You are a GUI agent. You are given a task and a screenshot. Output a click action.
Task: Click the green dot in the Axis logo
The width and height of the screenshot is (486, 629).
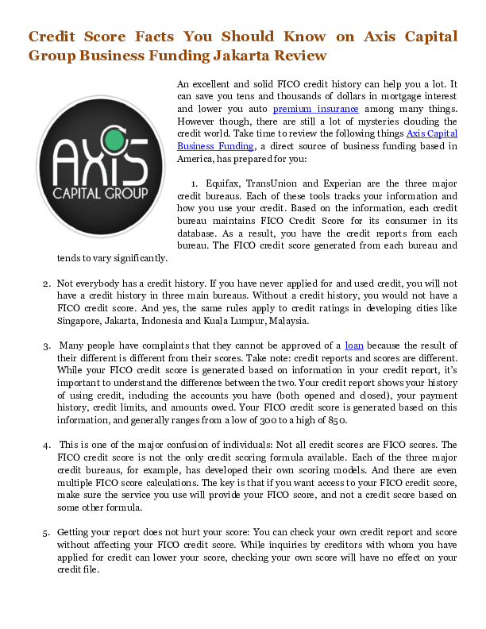tap(114, 142)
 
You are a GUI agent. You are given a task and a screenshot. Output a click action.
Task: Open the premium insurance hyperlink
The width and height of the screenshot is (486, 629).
tap(315, 108)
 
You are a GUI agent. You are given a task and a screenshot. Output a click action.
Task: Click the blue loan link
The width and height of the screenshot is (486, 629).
tap(354, 345)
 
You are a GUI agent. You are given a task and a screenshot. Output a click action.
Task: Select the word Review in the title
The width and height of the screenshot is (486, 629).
tap(300, 56)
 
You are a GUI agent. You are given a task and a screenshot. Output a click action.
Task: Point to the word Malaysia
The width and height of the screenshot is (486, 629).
tap(283, 321)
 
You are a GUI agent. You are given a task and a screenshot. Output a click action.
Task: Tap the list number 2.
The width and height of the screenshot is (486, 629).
tap(46, 284)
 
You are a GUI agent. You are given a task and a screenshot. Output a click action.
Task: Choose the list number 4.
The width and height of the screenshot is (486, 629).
tap(46, 446)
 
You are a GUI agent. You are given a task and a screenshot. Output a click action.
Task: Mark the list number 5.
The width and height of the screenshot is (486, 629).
tap(46, 532)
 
